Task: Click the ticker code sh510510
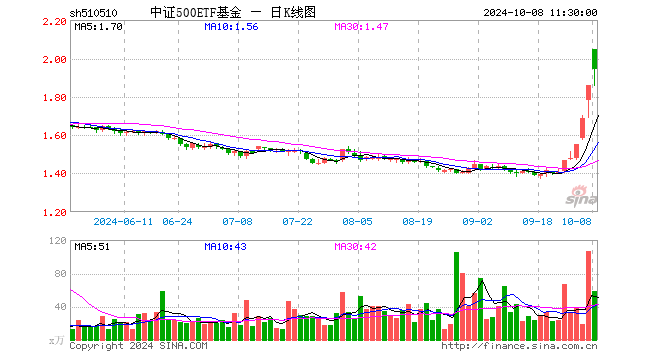(93, 13)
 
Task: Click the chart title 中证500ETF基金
(196, 13)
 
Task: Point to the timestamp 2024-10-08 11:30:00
(540, 13)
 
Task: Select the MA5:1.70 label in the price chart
(98, 27)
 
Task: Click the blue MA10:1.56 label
(231, 27)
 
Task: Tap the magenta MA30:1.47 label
(361, 27)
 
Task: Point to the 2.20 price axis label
(55, 21)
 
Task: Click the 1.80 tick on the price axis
(55, 98)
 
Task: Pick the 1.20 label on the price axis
(55, 212)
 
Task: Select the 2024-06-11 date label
(123, 221)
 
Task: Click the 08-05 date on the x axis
(357, 221)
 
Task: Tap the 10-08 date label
(577, 221)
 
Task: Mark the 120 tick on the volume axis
(58, 241)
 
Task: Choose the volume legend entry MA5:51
(92, 247)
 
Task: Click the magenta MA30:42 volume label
(355, 247)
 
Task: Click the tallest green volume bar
(456, 296)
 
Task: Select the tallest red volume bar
(588, 296)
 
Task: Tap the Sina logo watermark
(581, 196)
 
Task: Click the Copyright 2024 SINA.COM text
(138, 346)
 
